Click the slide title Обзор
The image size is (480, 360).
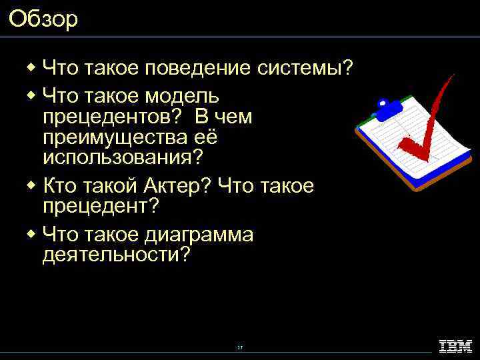(43, 19)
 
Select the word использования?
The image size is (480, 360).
(123, 159)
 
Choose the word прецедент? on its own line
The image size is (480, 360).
(101, 207)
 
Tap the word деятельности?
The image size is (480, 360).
(116, 255)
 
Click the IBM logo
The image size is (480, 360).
(455, 346)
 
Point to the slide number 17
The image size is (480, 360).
(239, 348)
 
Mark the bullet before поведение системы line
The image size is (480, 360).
(31, 67)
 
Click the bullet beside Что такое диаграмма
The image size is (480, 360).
(31, 233)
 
